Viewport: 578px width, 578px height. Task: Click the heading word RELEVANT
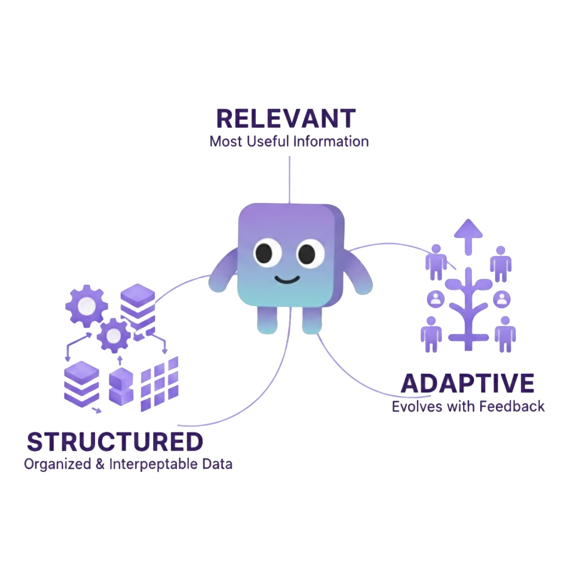tap(286, 118)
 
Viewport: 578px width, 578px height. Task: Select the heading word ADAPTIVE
tap(468, 384)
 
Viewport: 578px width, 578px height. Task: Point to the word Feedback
tap(512, 406)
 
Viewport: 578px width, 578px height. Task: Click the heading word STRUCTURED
tap(115, 442)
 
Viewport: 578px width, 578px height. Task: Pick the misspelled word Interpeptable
tap(154, 464)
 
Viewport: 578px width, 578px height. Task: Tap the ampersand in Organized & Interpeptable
tap(100, 464)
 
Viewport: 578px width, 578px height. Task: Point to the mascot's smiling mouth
tap(287, 279)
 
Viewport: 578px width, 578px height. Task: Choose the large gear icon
tap(86, 306)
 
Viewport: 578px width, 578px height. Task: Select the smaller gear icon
tap(114, 336)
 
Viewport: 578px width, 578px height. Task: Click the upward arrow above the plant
tap(468, 235)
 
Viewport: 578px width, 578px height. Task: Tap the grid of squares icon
tap(159, 384)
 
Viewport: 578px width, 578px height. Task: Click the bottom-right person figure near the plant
tap(505, 333)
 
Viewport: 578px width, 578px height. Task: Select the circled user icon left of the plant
tap(436, 299)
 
